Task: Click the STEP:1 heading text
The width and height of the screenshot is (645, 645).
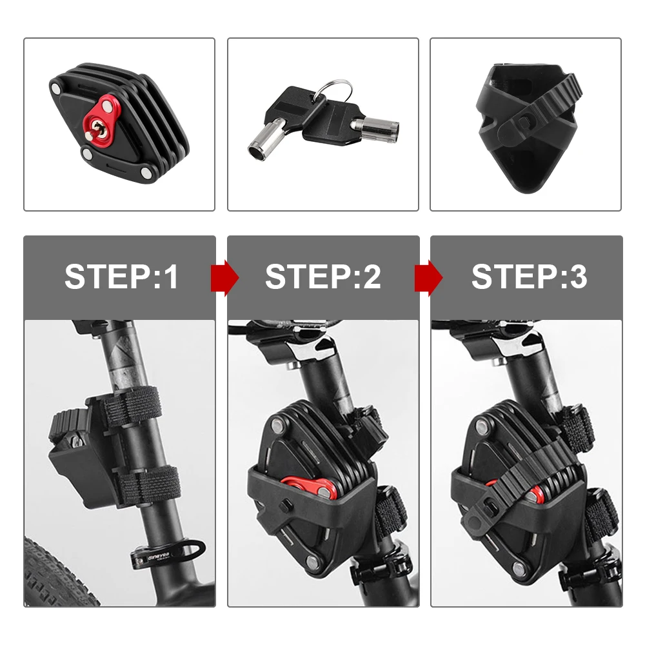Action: [121, 277]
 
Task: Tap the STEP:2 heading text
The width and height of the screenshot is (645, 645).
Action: [322, 277]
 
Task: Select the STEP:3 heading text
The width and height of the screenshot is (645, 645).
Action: [529, 277]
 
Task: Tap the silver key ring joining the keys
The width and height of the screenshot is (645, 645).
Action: [335, 90]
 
